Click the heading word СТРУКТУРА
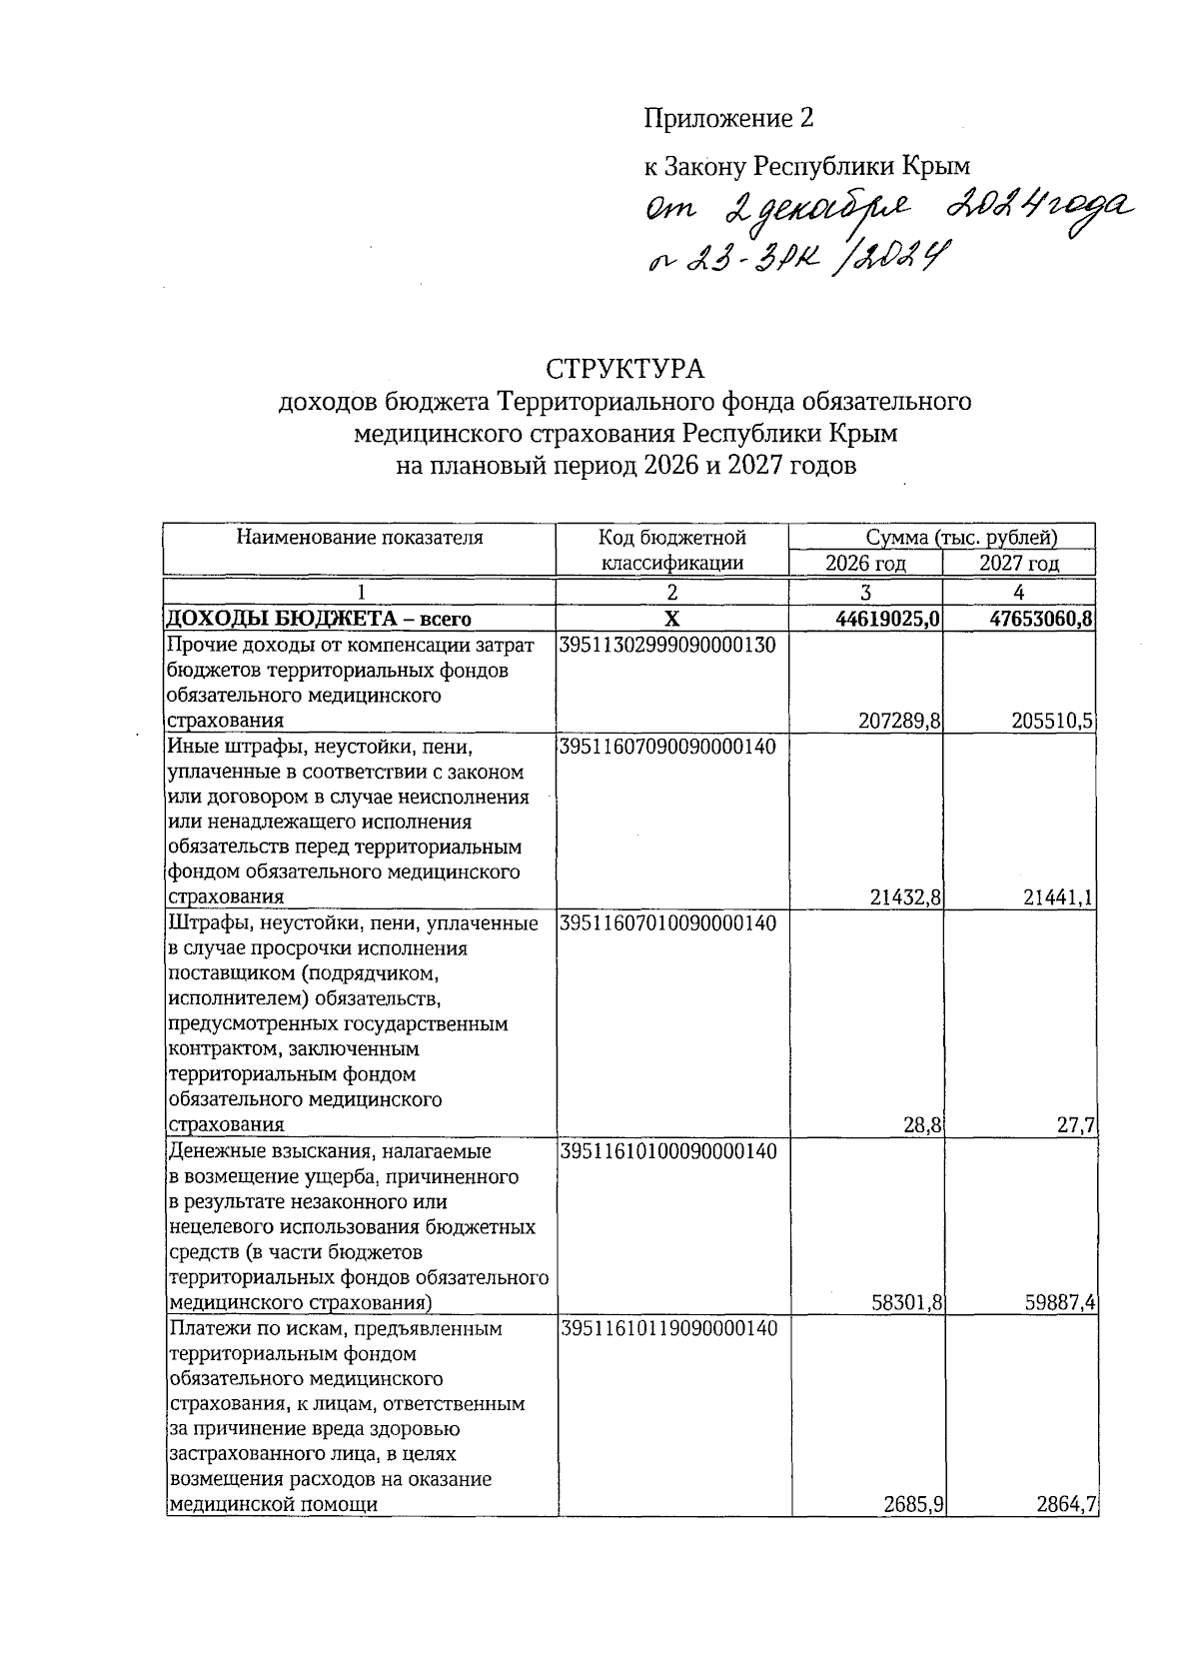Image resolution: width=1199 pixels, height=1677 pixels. click(x=624, y=369)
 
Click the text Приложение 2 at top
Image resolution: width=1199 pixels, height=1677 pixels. click(x=727, y=119)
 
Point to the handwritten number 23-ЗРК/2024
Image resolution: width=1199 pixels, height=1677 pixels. click(x=796, y=259)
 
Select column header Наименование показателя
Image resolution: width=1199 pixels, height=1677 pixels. click(x=360, y=538)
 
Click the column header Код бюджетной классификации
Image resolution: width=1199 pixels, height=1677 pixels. click(x=671, y=550)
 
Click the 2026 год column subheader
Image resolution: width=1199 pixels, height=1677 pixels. click(x=865, y=564)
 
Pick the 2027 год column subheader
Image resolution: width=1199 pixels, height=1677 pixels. click(x=1018, y=564)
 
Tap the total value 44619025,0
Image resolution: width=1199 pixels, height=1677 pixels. click(x=888, y=620)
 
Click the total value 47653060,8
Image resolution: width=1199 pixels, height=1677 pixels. click(x=1042, y=620)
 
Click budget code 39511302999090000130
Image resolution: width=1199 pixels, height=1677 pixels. click(x=668, y=645)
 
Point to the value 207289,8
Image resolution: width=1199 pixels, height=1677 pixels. click(x=900, y=721)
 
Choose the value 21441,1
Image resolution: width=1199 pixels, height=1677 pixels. click(x=1058, y=897)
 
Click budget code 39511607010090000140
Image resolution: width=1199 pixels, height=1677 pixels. click(x=668, y=922)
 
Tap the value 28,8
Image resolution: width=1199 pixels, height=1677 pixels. click(x=922, y=1125)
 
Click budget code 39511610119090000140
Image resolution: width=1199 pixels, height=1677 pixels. click(x=668, y=1328)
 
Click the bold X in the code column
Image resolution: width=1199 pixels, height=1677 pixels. click(x=671, y=620)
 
